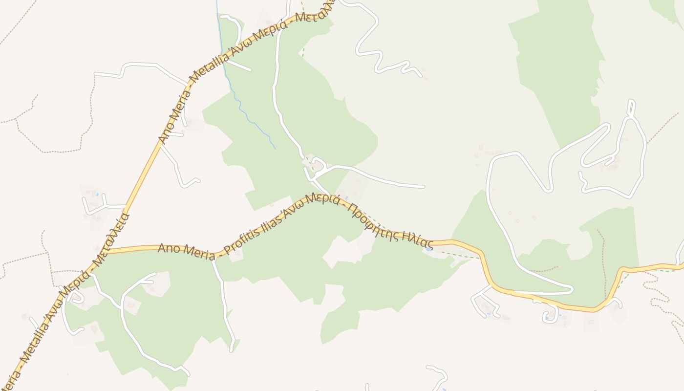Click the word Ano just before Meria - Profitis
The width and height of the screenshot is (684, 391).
coord(167,248)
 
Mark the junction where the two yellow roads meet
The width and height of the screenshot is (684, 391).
coord(103,252)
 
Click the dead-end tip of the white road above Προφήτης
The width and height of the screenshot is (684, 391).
coord(423,187)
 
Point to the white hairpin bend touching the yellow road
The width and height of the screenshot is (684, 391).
coord(570,290)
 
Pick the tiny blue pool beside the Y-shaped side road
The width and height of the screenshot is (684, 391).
coord(97,195)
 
